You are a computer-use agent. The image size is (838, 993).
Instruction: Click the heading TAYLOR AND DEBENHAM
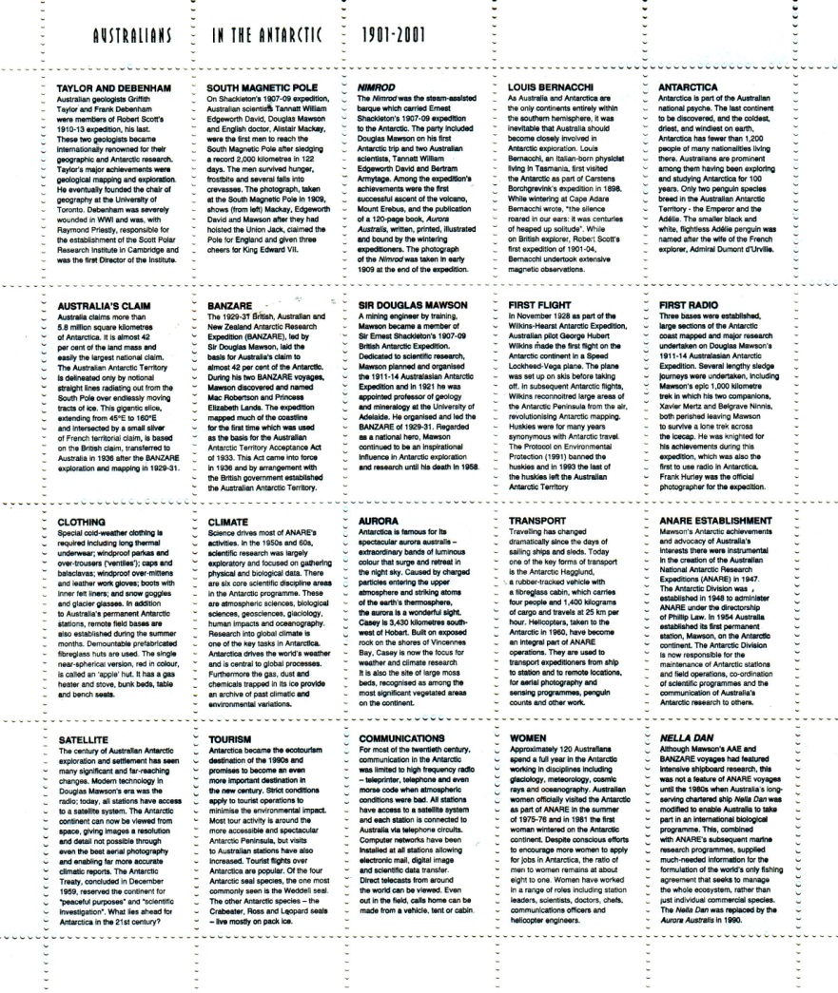(x=114, y=86)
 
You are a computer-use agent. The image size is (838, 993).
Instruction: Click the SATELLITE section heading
(x=85, y=737)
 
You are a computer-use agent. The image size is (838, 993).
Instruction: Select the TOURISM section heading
(x=229, y=737)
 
